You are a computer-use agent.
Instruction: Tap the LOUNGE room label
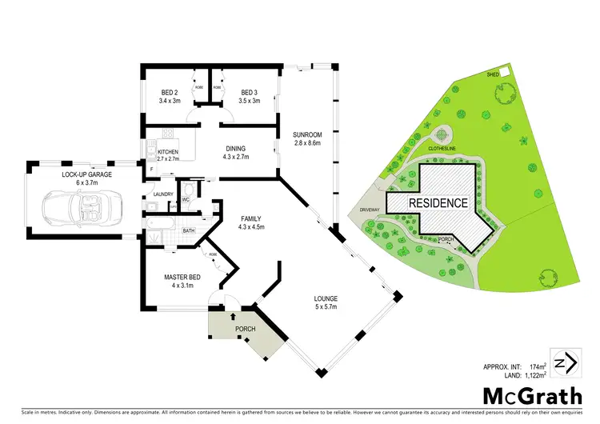tap(326, 301)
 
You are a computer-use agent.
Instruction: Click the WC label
tap(185, 198)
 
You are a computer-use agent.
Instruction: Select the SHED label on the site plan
tap(493, 74)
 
